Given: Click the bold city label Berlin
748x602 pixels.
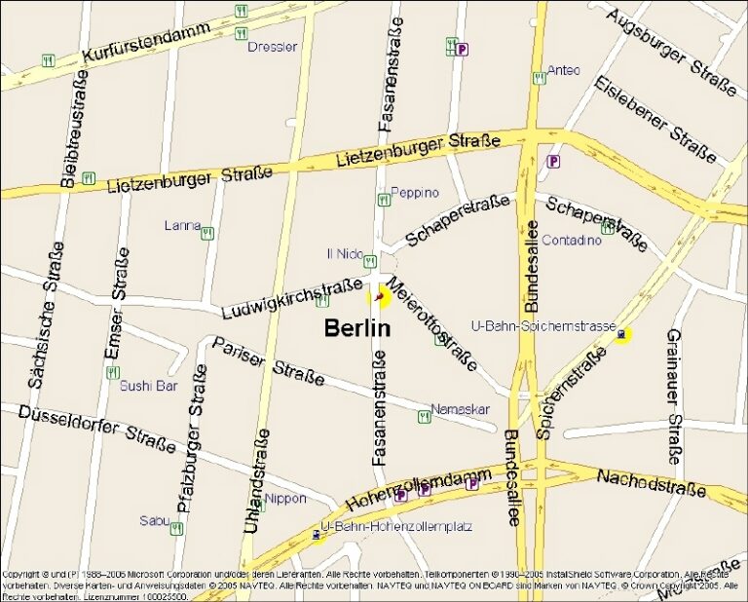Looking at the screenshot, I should pyautogui.click(x=356, y=328).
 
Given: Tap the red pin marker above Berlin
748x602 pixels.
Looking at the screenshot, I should pyautogui.click(x=378, y=297).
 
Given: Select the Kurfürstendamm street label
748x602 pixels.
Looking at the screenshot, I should pyautogui.click(x=146, y=44).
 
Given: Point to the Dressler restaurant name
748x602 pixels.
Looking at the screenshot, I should pyautogui.click(x=273, y=47).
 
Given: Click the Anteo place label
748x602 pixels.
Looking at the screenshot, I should pyautogui.click(x=563, y=70).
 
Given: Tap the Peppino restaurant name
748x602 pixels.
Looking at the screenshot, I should pyautogui.click(x=414, y=193).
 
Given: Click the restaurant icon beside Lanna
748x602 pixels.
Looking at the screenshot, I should pyautogui.click(x=206, y=233).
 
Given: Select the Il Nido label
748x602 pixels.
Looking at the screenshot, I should pyautogui.click(x=345, y=254).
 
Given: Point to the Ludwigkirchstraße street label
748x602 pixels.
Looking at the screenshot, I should pyautogui.click(x=291, y=298).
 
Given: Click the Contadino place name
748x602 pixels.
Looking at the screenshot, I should pyautogui.click(x=572, y=240).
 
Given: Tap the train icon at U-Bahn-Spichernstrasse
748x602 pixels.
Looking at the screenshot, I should pyautogui.click(x=621, y=335).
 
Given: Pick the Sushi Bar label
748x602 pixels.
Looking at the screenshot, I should pyautogui.click(x=148, y=386).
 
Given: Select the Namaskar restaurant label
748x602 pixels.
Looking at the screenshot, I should pyautogui.click(x=459, y=409).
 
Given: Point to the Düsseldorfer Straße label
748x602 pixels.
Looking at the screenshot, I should pyautogui.click(x=97, y=429).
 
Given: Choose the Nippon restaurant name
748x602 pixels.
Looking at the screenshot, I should pyautogui.click(x=284, y=499).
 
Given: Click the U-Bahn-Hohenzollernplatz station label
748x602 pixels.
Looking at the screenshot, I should pyautogui.click(x=396, y=527).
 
